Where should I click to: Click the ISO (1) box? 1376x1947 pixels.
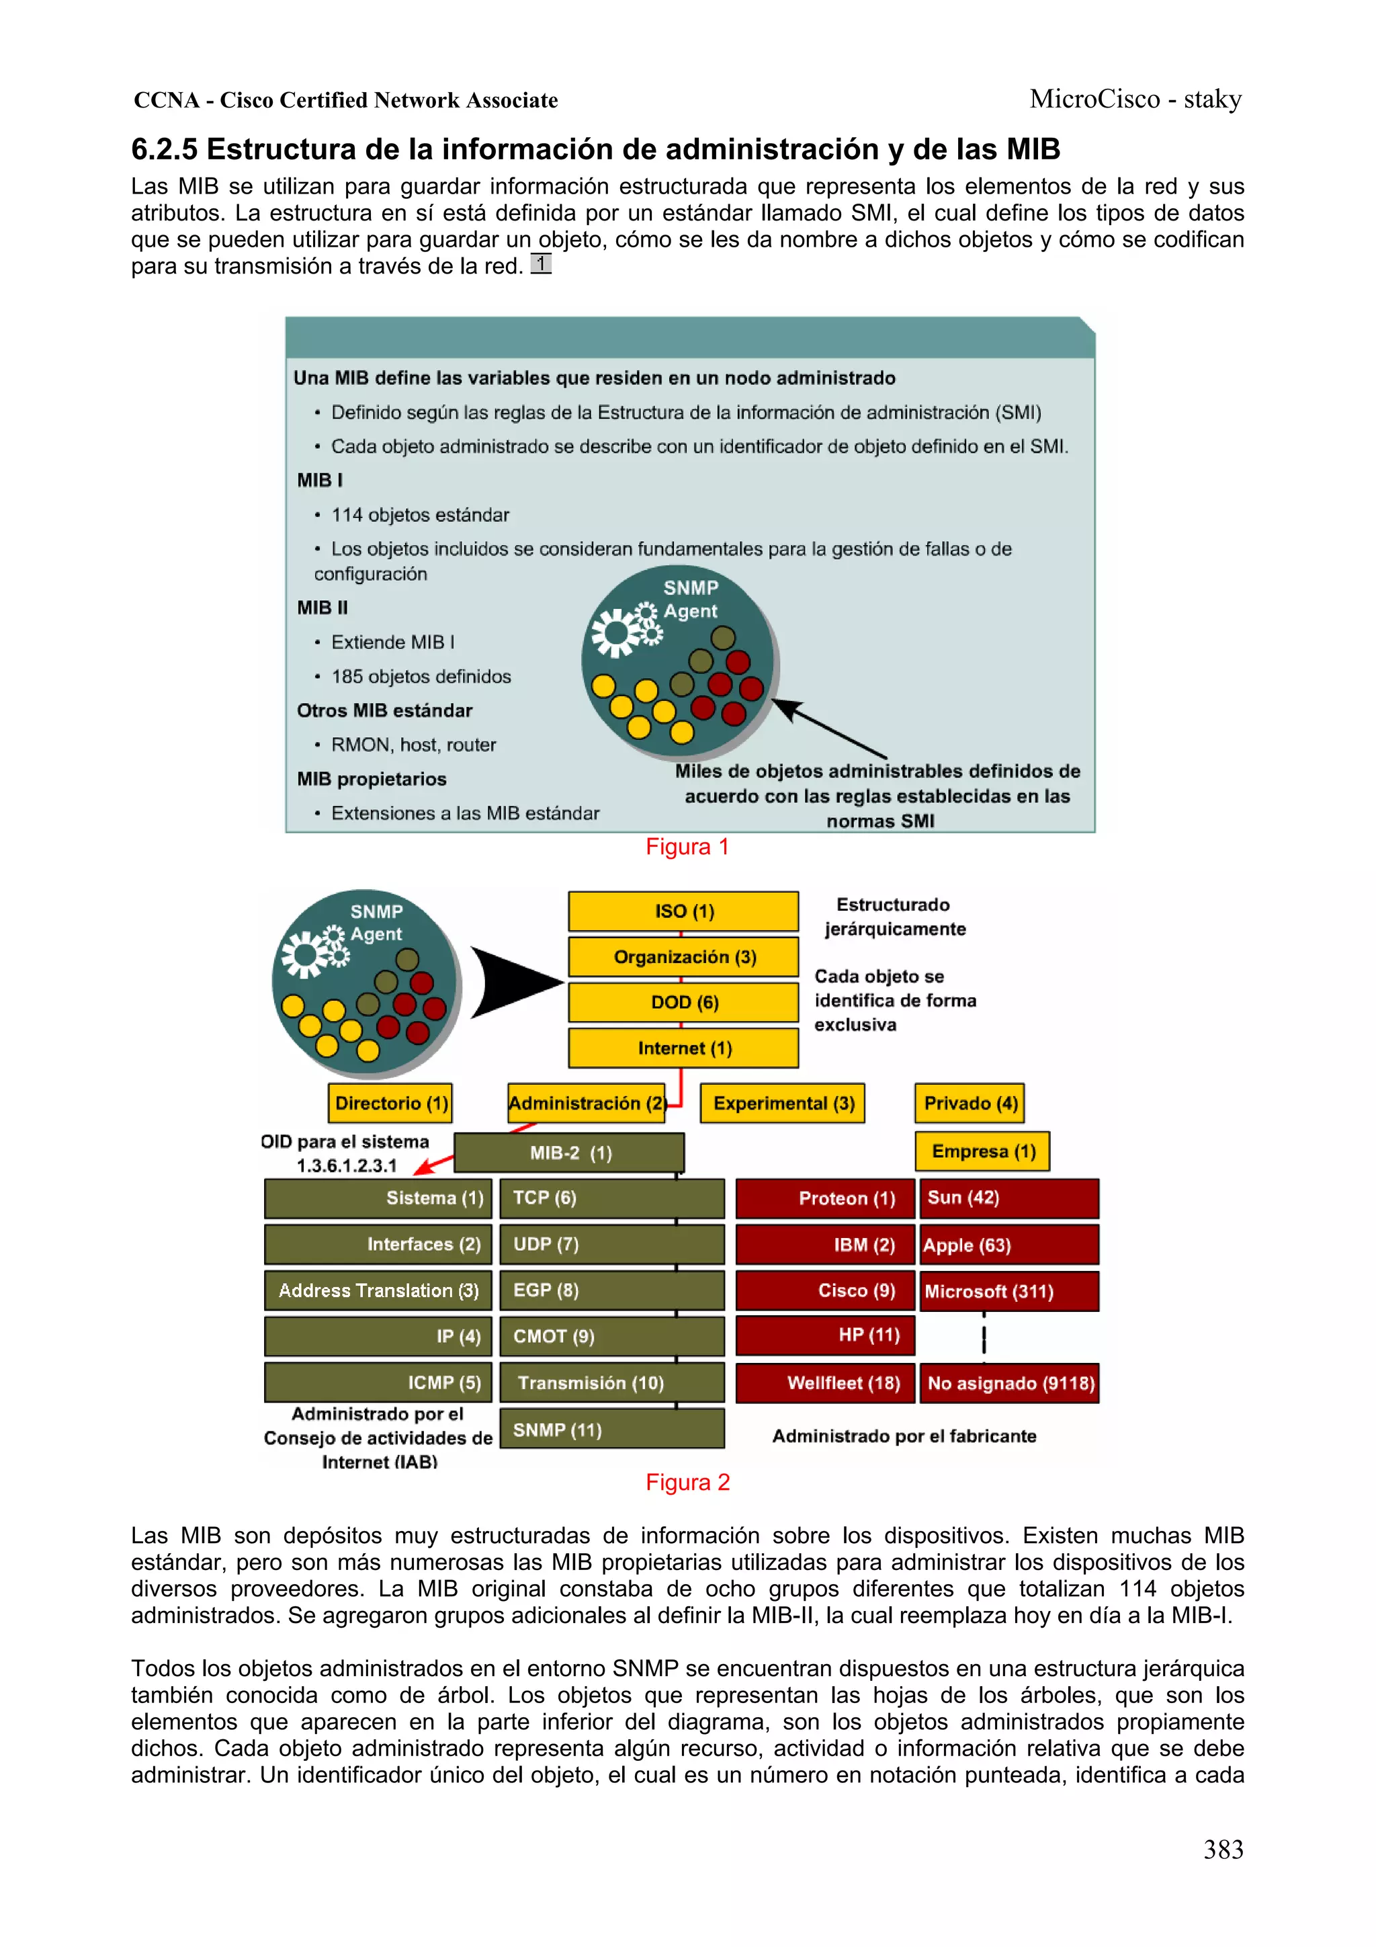coord(683,911)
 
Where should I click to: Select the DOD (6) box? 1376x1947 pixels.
coord(683,1002)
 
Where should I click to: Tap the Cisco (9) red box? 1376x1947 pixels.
coord(825,1290)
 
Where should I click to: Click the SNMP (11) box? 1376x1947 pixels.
coord(611,1430)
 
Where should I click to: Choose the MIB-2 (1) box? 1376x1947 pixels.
coord(569,1153)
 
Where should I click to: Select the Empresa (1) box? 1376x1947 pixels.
coord(982,1151)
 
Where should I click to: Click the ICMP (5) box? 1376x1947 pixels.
coord(378,1383)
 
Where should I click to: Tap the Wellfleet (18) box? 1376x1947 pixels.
coord(825,1383)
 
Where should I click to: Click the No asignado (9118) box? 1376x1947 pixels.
coord(1009,1383)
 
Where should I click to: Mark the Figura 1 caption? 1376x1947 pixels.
coord(687,847)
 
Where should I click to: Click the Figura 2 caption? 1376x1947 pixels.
coord(687,1483)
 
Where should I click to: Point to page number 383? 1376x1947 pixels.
coord(1223,1850)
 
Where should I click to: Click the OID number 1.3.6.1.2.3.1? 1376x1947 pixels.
coord(346,1166)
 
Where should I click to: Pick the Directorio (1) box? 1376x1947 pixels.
coord(390,1104)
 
